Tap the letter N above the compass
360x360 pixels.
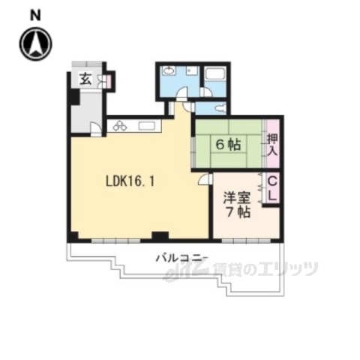pyautogui.click(x=35, y=13)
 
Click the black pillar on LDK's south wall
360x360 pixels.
pyautogui.click(x=159, y=235)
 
